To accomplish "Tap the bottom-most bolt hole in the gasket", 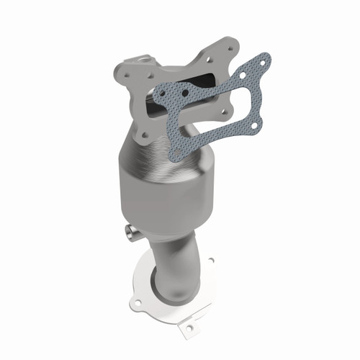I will point(176,151).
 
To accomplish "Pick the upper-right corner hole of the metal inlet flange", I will point(233,47).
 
